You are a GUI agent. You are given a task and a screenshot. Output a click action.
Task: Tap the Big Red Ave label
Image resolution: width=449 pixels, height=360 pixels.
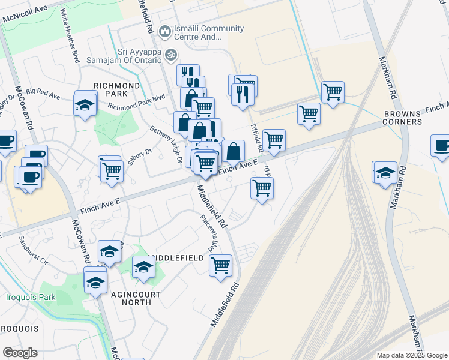pos(43,95)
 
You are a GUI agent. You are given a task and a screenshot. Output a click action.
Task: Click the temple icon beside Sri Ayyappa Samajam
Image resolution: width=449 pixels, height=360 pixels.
pos(170,54)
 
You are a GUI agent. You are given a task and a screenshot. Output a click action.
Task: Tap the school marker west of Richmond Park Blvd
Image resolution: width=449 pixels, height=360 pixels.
pos(85,104)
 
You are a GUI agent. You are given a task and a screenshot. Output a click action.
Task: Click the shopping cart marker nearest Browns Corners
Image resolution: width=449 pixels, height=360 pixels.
pos(332,92)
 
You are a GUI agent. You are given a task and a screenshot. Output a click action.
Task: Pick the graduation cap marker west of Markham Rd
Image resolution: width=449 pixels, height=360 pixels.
pos(385,173)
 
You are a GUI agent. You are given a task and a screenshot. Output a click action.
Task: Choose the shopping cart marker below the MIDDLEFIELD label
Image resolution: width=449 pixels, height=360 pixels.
pos(220,264)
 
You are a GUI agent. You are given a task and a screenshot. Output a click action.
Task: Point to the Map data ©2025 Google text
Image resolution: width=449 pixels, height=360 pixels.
pos(411,355)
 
